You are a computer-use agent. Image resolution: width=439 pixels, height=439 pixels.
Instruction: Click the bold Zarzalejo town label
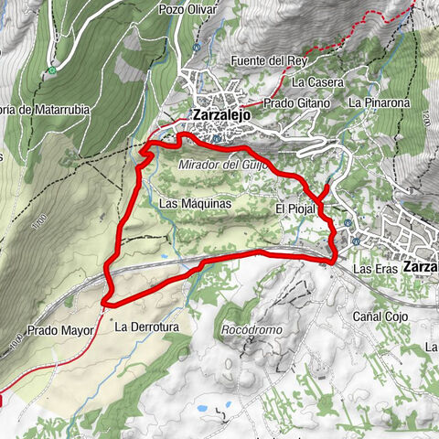point(222,115)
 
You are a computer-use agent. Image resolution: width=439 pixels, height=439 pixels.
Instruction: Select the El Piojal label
point(294,209)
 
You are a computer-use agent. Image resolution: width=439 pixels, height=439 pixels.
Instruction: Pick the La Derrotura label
point(145,325)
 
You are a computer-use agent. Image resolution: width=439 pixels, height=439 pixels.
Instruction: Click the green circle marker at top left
point(53,70)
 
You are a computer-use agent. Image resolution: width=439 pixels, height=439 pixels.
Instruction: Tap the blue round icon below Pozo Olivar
point(196,47)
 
